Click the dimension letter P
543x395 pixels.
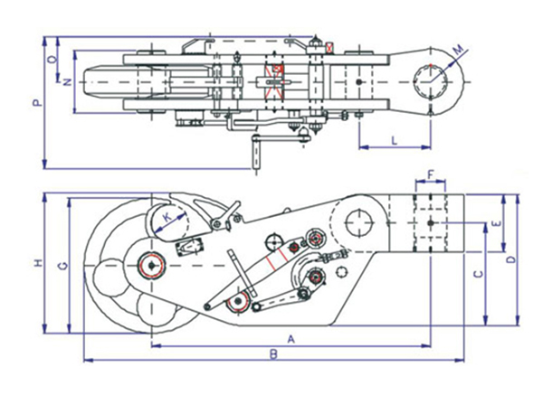pyautogui.click(x=36, y=103)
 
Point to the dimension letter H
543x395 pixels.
pyautogui.click(x=37, y=263)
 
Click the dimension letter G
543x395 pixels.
pyautogui.click(x=61, y=265)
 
